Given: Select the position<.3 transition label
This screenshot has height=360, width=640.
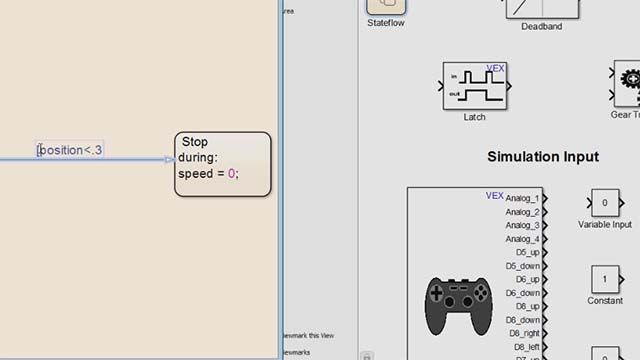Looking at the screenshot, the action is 71,150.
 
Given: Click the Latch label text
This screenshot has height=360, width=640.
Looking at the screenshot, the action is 475,117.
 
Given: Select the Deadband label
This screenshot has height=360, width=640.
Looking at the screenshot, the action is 542,27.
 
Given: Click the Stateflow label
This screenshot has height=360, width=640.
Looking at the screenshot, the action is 386,22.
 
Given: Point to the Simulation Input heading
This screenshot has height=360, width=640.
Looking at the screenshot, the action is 543,157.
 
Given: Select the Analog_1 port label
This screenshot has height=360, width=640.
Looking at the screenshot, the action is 522,198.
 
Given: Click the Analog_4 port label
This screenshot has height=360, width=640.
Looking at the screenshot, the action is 522,239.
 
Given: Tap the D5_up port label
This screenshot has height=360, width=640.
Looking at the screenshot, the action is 527,252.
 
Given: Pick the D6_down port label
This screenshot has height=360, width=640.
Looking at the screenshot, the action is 522,293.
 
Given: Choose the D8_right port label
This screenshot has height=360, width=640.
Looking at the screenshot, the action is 524,333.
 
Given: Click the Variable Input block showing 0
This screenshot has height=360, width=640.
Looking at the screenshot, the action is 604,202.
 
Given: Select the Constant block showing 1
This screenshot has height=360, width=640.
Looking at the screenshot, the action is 604,279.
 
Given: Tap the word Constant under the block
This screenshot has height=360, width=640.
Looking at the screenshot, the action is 605,301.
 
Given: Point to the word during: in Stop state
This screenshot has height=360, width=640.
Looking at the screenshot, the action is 200,157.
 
